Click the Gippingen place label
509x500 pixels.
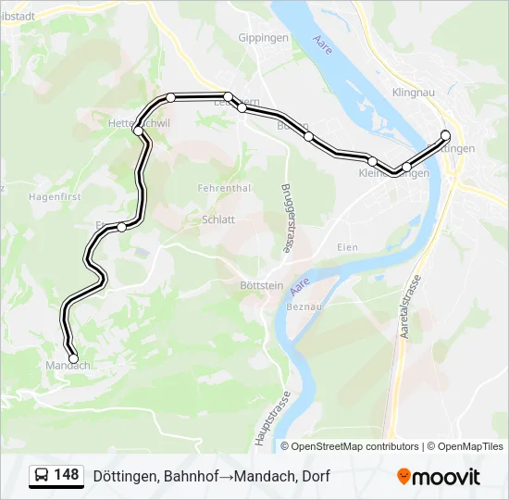[264, 38]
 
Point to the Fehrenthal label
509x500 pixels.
[224, 188]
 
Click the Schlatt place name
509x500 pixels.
[218, 219]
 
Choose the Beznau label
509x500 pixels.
[304, 306]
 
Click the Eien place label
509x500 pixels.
[347, 247]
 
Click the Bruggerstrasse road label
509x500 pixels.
[286, 219]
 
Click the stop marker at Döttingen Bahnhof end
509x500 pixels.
[445, 135]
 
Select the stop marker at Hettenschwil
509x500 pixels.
[138, 131]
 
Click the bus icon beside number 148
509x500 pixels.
[43, 475]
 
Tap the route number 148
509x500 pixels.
[67, 475]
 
